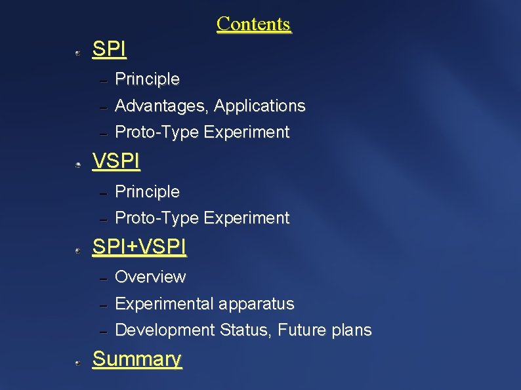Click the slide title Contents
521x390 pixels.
coord(253,24)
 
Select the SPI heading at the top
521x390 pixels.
coord(110,49)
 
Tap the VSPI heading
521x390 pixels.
coord(116,161)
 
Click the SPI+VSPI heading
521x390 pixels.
coord(139,247)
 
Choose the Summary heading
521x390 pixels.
coord(136,359)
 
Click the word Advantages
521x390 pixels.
coord(161,106)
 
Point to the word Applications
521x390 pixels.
coord(260,106)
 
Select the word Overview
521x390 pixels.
coord(150,277)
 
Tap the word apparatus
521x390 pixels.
coord(257,304)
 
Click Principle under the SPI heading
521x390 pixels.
coord(147,79)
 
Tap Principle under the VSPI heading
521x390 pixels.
coord(147,192)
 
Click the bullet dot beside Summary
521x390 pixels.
coord(77,362)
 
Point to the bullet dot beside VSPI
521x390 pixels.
coord(77,165)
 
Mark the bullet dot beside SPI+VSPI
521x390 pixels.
coord(77,250)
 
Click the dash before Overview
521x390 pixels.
coord(102,279)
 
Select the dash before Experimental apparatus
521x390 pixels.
coord(102,305)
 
